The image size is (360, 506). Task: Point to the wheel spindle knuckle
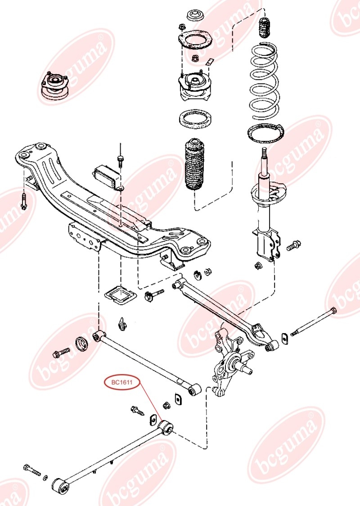pos(227,362)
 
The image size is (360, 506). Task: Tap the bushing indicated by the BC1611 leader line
pos(167,426)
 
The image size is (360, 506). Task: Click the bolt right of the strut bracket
pos(293,245)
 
